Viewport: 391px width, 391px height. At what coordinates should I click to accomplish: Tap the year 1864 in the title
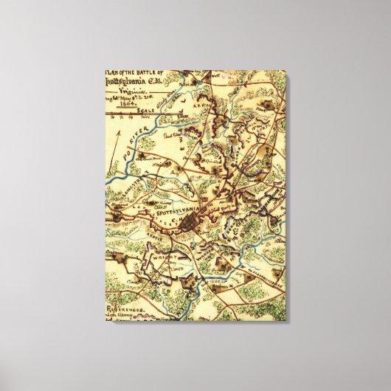[122, 105]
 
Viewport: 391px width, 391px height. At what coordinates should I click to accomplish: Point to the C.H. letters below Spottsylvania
[176, 219]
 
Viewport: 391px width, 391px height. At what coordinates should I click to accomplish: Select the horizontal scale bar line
[148, 115]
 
